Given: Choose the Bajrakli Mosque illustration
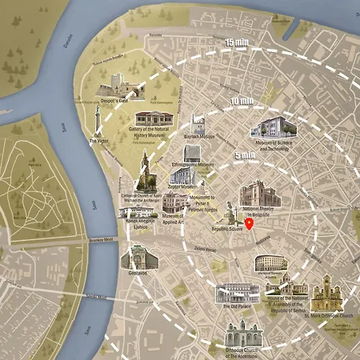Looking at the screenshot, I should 197,126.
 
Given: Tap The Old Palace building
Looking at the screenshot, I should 238,291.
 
